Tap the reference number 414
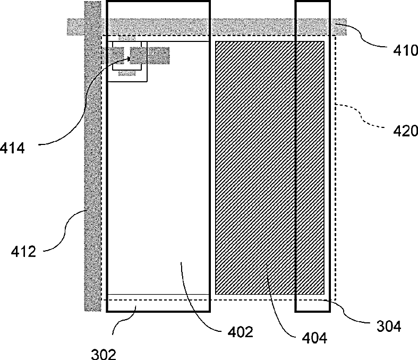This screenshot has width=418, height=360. coord(12,147)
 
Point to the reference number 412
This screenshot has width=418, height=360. coord(23,251)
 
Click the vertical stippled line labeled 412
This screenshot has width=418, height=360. coord(93,159)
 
